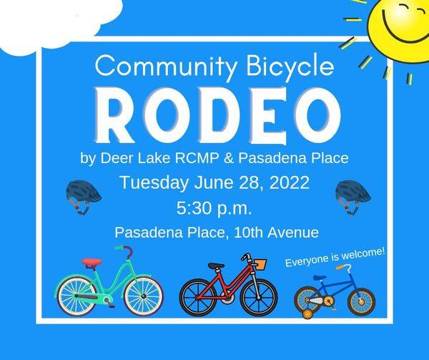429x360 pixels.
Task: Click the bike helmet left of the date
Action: [83, 194]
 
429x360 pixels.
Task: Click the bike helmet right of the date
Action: [353, 194]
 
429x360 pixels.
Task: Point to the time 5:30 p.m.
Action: [214, 209]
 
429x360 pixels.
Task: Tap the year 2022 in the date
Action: [286, 183]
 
